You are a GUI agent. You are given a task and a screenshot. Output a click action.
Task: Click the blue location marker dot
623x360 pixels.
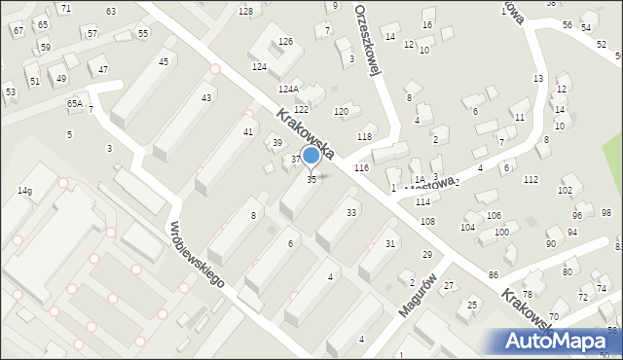pos(311,156)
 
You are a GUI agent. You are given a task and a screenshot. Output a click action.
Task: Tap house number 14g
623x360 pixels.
pos(24,192)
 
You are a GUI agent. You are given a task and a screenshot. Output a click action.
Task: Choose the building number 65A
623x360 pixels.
pos(75,103)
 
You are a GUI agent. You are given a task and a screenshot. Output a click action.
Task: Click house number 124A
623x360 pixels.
pos(287,89)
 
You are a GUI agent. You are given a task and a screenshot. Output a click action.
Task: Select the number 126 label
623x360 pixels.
pos(285,42)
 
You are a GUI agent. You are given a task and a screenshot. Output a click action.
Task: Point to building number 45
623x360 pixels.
pos(163,62)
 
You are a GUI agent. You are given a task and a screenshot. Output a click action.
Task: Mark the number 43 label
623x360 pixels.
pos(206,98)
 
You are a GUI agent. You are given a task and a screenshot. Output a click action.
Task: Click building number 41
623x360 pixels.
pos(249,131)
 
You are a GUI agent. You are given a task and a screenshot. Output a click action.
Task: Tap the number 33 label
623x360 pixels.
pos(350,212)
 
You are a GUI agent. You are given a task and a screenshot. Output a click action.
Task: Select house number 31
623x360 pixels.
pos(390,243)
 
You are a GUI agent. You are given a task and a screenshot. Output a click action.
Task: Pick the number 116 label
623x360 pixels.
pos(361,168)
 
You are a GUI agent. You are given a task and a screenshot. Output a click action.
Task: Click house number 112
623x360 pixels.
pos(531,179)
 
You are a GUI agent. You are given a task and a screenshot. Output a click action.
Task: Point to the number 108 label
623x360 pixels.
pos(427,222)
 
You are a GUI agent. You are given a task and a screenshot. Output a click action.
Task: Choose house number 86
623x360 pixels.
pos(494,276)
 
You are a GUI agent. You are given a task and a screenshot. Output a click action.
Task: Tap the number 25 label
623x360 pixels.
pos(472,306)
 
